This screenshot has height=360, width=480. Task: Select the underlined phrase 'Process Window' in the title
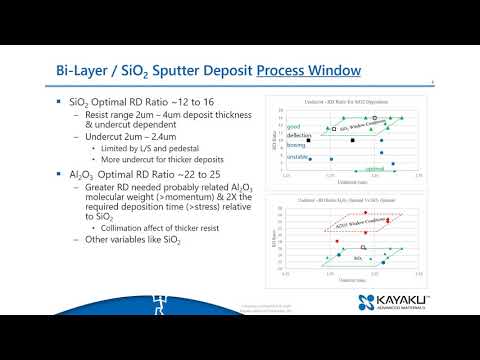pos(310,72)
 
